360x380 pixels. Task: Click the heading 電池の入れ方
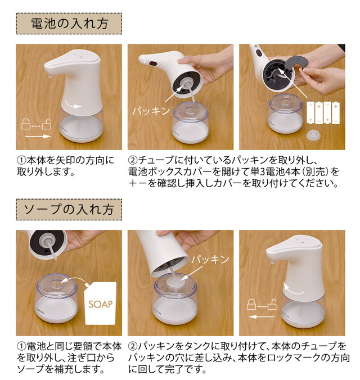click(x=68, y=24)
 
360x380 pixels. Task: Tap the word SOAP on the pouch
click(x=101, y=305)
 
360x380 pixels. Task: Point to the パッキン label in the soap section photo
click(x=211, y=259)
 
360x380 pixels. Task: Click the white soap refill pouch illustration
click(x=101, y=304)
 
